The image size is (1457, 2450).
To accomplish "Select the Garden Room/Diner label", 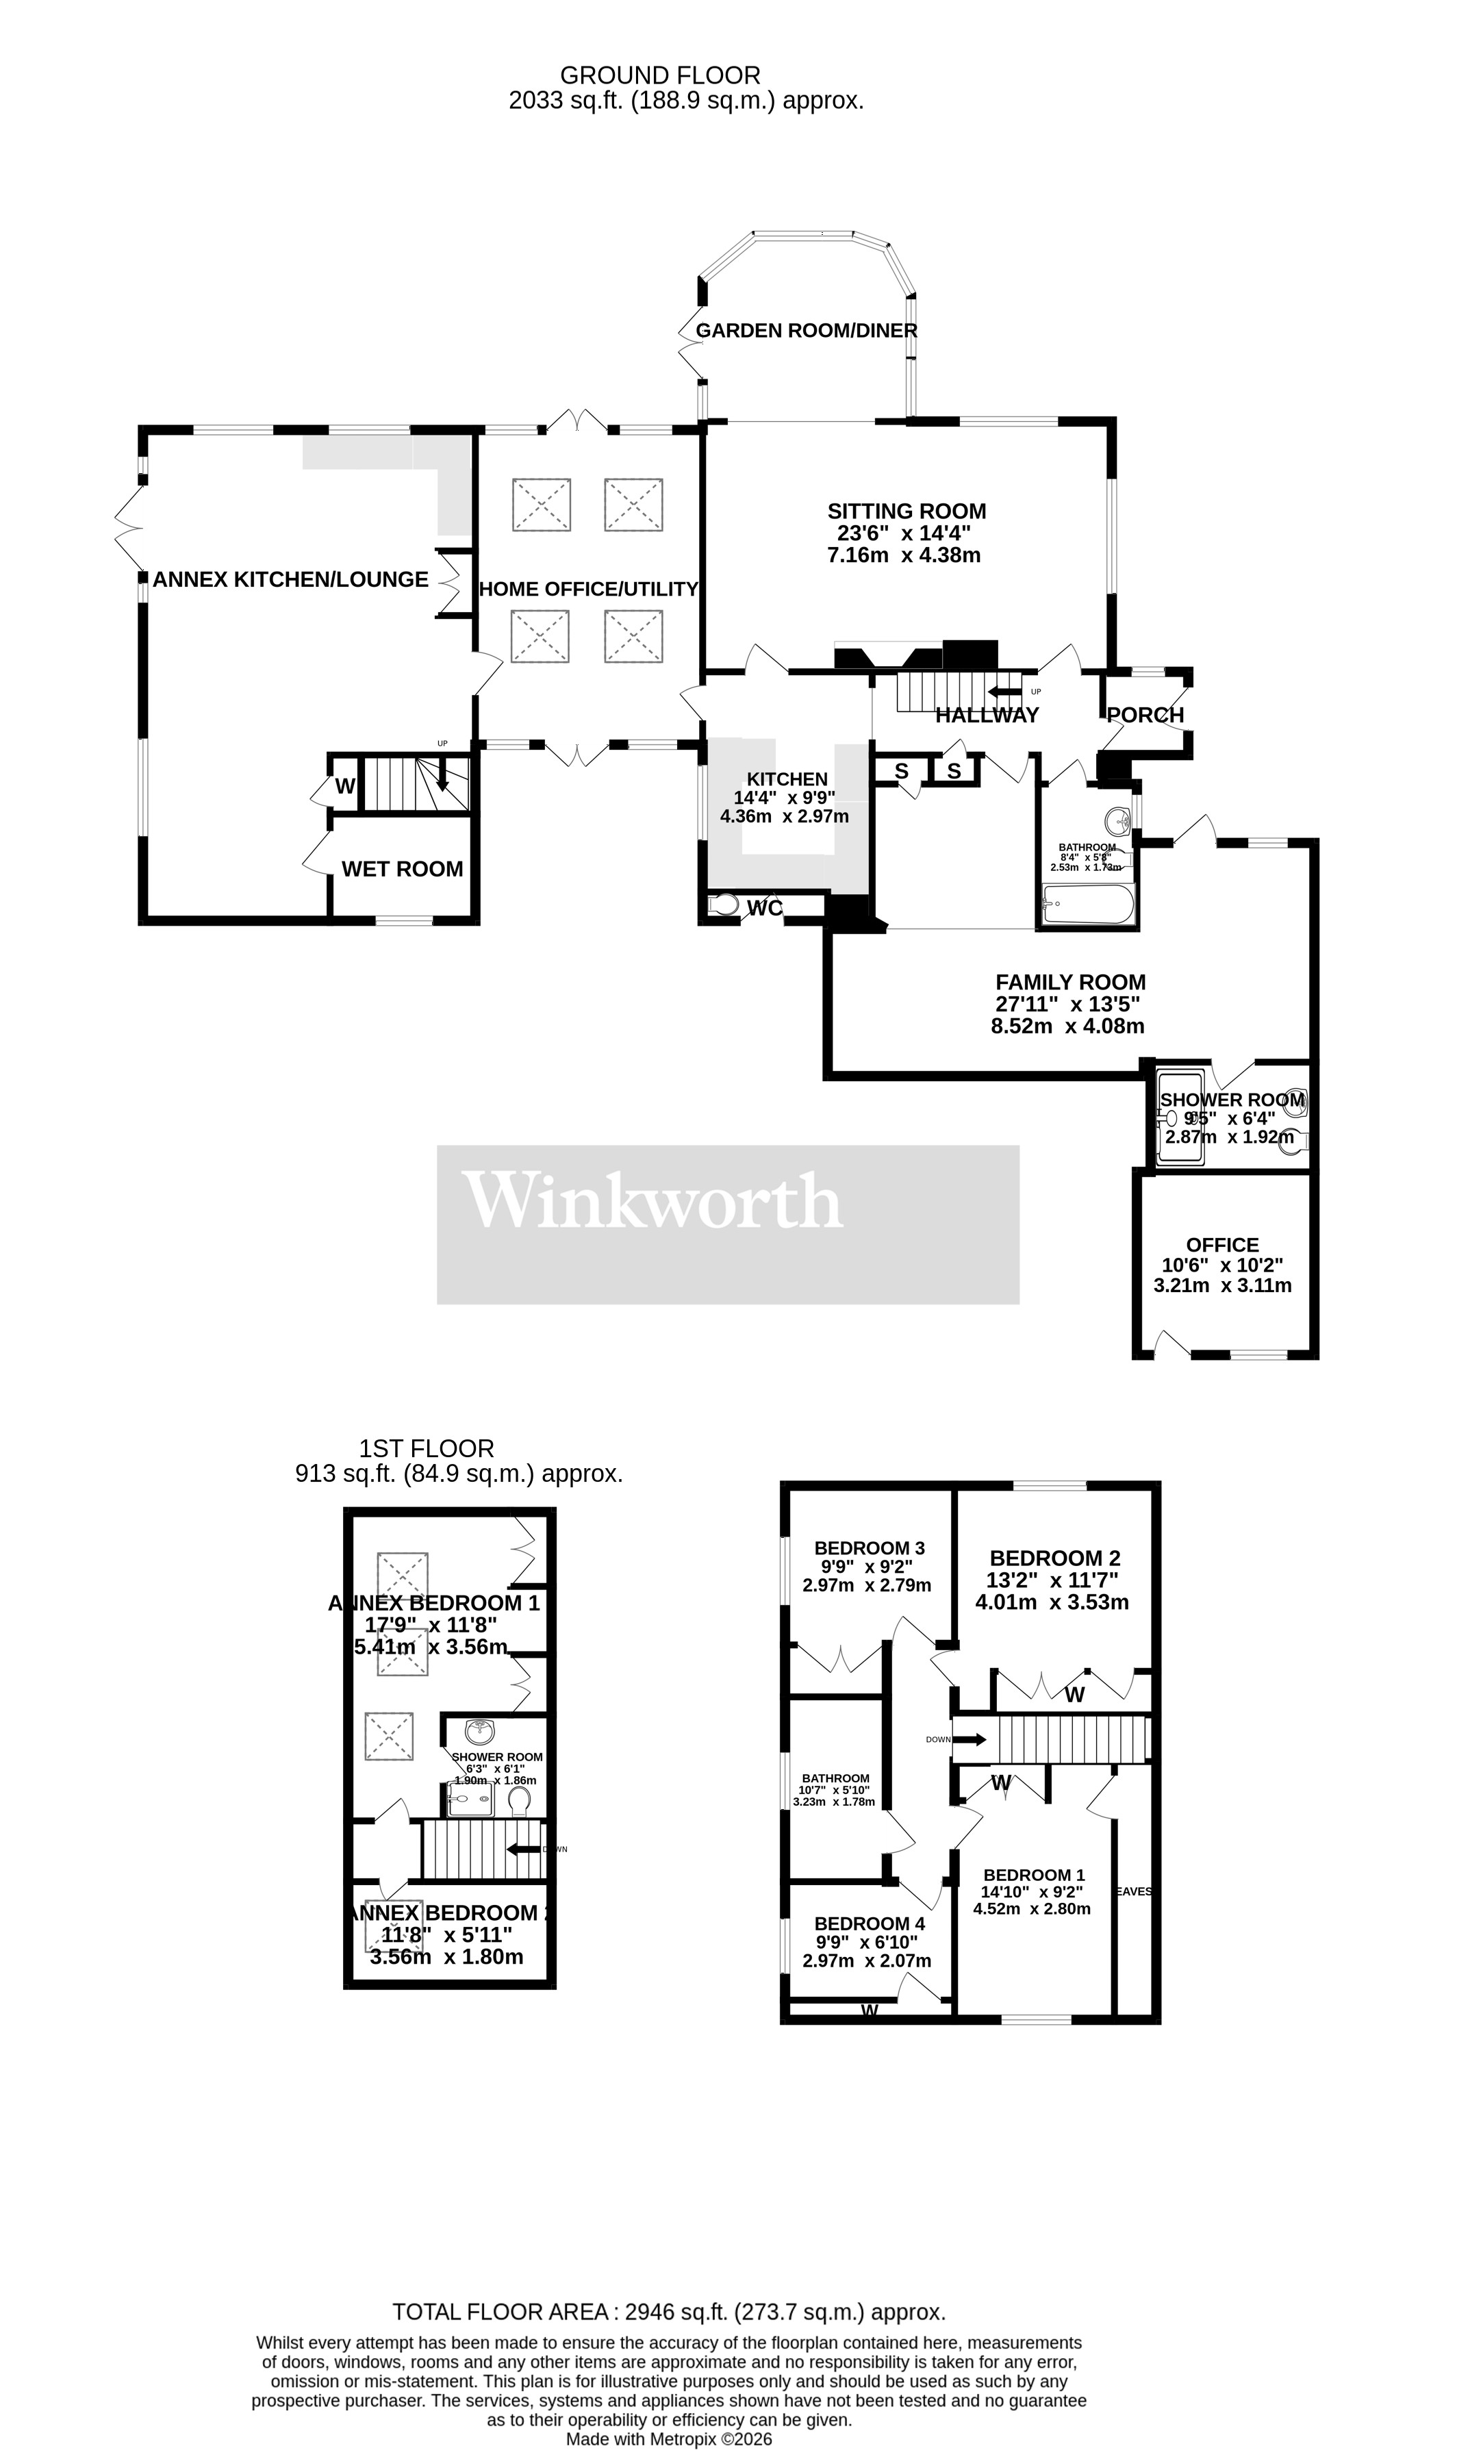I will point(806,331).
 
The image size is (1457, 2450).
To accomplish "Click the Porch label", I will point(1145,715).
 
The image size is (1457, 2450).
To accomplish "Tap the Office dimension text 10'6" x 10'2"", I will point(1221,1265).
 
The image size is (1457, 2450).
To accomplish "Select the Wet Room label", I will point(401,869).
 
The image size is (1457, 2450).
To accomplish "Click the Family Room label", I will point(1070,981).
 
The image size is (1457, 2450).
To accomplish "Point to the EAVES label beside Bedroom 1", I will point(1133,1891).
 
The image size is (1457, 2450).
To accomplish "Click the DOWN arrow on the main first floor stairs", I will point(968,1739).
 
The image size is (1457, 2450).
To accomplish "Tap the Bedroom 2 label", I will point(1054,1558).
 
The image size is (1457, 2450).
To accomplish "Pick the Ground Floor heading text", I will point(660,75).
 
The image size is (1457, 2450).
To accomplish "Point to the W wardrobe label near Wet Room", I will point(344,786).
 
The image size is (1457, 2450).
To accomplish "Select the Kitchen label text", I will point(787,779).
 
